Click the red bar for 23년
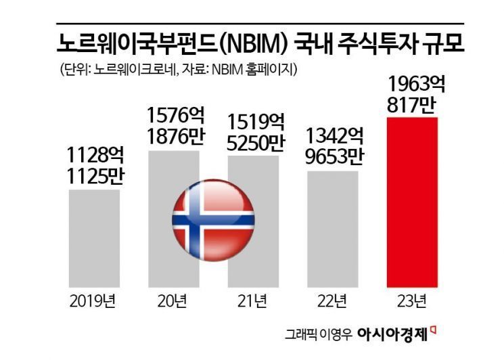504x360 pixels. pos(412,203)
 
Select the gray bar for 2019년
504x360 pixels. pos(95,237)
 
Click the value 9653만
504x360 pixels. pos(333,156)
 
